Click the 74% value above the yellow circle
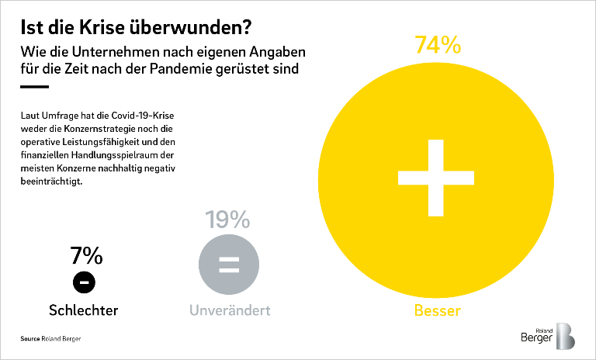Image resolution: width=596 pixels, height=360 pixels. click(x=438, y=45)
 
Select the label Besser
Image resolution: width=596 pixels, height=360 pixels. click(x=437, y=311)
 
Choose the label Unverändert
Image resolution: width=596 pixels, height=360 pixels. click(x=230, y=311)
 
